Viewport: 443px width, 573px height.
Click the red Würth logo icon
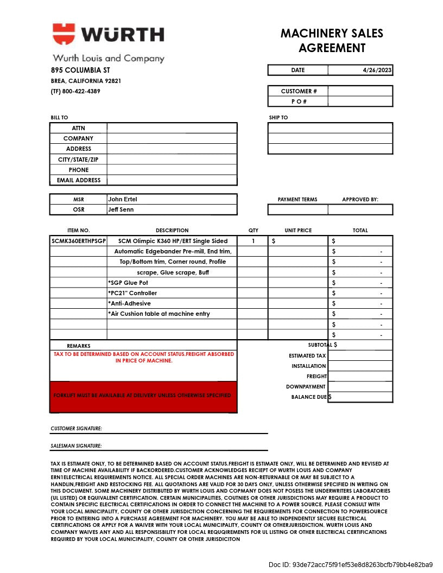(64, 34)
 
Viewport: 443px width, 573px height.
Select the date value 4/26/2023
(377, 70)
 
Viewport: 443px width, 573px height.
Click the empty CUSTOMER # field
(360, 91)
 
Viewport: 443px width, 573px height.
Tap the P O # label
(299, 101)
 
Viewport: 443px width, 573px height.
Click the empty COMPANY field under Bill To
(172, 138)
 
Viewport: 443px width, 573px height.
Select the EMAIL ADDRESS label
(79, 180)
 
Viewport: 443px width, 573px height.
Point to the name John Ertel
(123, 199)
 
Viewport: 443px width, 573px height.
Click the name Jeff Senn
(121, 209)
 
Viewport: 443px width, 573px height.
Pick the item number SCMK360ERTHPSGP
(78, 241)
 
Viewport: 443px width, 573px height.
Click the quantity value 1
(253, 241)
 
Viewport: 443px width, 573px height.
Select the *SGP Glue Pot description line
(128, 283)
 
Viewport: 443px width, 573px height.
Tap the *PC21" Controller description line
(132, 293)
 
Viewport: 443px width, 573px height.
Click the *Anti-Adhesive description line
(129, 303)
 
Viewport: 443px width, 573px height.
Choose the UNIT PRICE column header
(298, 231)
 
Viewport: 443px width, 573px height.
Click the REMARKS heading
(79, 346)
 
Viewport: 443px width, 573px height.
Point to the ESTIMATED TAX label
(307, 356)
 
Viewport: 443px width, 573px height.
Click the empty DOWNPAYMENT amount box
(360, 387)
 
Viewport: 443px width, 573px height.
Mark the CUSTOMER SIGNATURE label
(76, 429)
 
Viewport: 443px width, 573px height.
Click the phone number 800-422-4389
(81, 91)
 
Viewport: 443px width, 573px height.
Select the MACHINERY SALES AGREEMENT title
(332, 41)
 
